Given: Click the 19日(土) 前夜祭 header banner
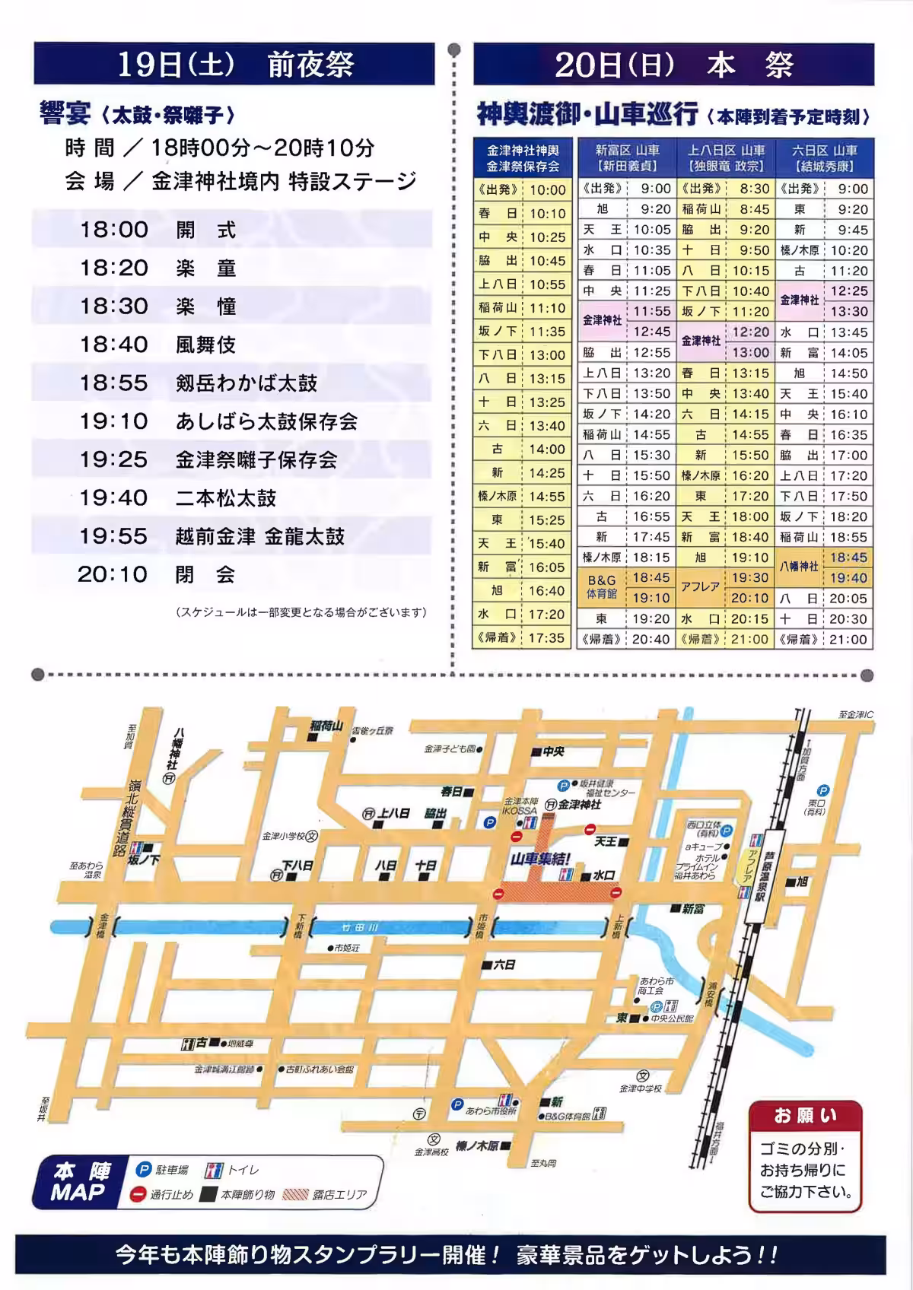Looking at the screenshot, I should pos(234,65).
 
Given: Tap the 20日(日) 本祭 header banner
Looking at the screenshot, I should pos(673,65).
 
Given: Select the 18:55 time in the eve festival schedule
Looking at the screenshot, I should pos(113,383).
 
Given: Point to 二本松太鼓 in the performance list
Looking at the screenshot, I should pos(226,498).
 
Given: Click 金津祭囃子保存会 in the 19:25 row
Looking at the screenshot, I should pos(256,460).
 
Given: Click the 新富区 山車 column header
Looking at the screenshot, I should pos(626,158).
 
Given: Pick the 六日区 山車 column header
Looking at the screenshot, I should pos(824,158).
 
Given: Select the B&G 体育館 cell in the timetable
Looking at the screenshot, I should pos(602,587).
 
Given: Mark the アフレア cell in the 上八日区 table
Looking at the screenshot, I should pos(701,587).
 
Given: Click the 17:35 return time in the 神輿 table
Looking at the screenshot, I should pos(547,638).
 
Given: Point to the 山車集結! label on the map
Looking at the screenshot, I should pos(540,859).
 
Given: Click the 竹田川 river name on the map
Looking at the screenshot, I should pos(359,928).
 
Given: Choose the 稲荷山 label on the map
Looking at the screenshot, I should pos(327,726).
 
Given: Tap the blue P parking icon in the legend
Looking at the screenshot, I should pos(144,1171).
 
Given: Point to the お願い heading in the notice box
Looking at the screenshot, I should pos(805,1117).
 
